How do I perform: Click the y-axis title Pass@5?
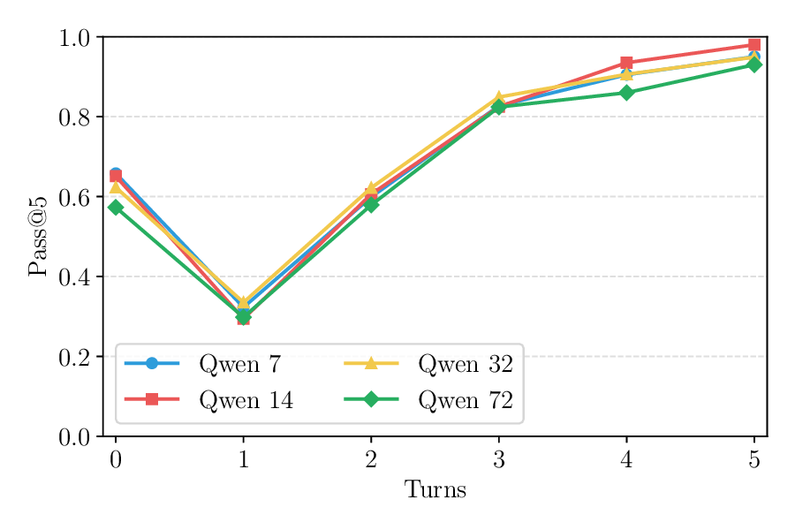[37, 236]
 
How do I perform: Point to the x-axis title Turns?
[435, 489]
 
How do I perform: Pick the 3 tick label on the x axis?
[499, 459]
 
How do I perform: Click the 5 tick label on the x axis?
[754, 459]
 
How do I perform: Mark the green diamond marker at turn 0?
[116, 207]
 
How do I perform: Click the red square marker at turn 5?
[754, 44]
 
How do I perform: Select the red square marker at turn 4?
[626, 63]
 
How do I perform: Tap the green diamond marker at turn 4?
[626, 93]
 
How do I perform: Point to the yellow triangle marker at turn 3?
[499, 96]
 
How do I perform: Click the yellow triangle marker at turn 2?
[372, 188]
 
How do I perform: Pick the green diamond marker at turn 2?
[372, 204]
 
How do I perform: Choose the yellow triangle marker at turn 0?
[116, 186]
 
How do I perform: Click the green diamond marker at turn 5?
[754, 64]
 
